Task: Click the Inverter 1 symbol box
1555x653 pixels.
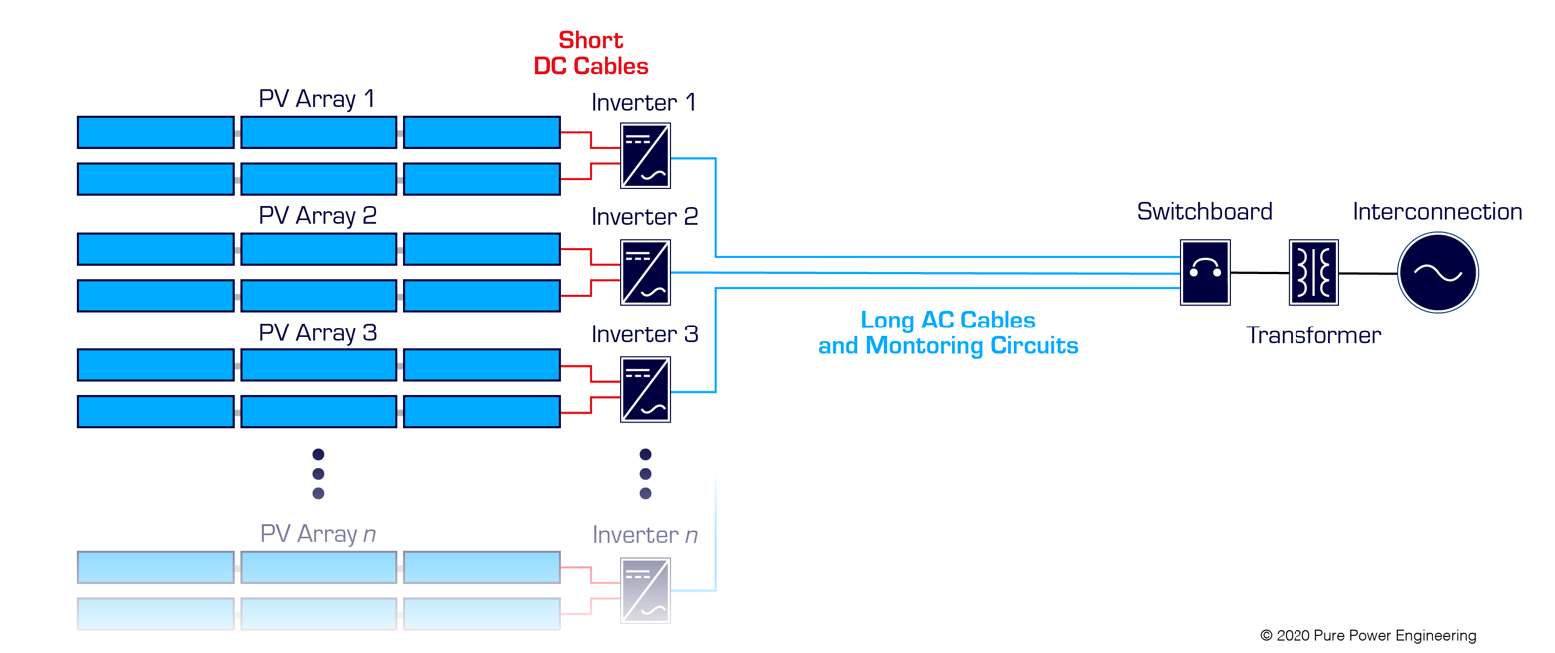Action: (645, 156)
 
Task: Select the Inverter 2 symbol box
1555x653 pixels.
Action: (645, 272)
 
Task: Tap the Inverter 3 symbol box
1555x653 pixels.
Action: (645, 388)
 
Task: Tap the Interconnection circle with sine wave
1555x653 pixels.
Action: (1437, 272)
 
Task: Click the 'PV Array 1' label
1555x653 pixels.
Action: (317, 99)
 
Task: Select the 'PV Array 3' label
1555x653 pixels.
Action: (317, 332)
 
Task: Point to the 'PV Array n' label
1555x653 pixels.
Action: (317, 534)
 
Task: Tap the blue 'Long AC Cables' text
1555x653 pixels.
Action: (947, 322)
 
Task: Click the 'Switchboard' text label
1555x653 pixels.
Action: (1205, 212)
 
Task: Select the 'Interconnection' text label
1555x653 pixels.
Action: (1437, 212)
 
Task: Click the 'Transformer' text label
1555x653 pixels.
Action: (1312, 335)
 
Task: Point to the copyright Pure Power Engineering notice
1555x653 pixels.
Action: (1367, 635)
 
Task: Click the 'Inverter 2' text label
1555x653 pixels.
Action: (644, 217)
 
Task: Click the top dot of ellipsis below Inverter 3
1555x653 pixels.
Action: (645, 454)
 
